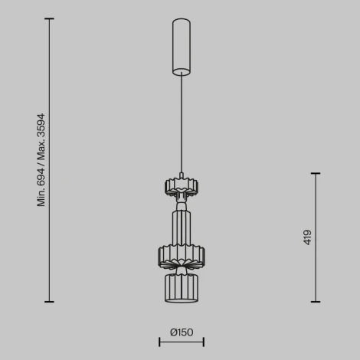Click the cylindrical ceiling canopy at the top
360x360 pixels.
point(181,46)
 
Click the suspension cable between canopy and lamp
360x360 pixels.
point(181,123)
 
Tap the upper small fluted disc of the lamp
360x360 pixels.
point(181,186)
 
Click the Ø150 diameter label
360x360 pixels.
point(181,332)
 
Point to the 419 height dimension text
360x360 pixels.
point(308,236)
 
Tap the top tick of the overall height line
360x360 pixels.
point(50,19)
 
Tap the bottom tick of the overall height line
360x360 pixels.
point(50,302)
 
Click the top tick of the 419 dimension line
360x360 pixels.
point(316,173)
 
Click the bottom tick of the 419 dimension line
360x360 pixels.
point(316,302)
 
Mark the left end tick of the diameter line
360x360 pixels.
point(159,342)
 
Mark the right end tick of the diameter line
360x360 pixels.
point(203,342)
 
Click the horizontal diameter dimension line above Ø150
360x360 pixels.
point(181,342)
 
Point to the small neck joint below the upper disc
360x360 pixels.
point(181,205)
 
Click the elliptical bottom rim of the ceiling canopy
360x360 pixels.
point(181,74)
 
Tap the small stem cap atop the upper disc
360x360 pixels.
point(181,175)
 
